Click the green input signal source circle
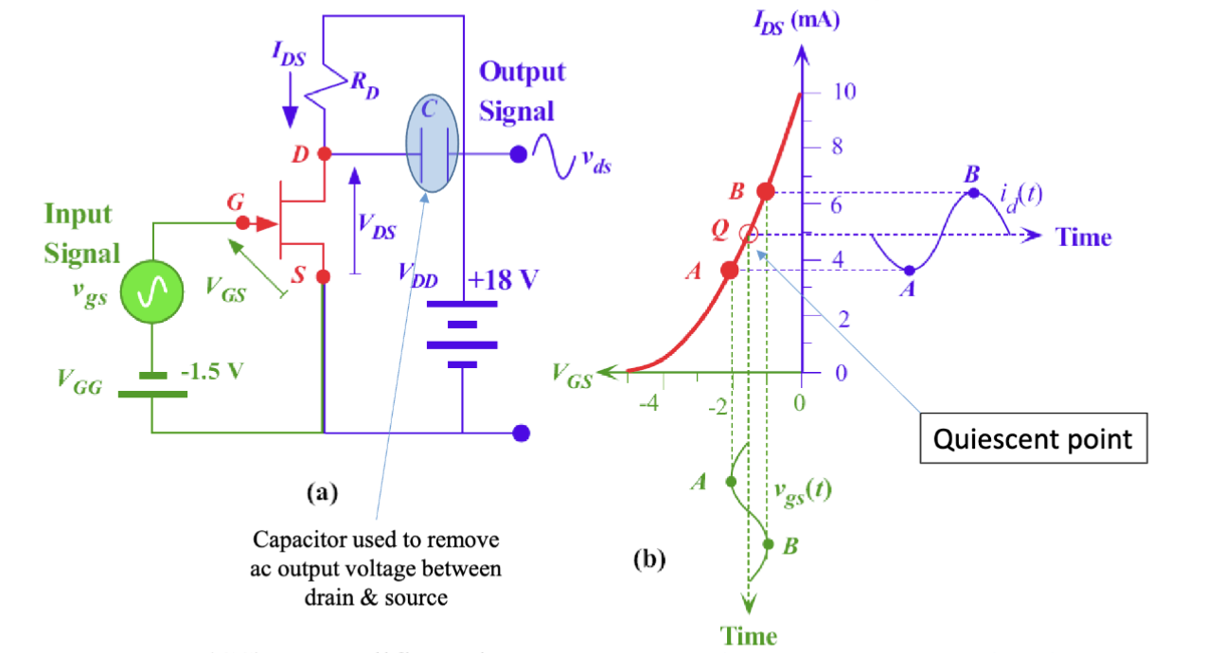click(151, 294)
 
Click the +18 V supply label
click(504, 280)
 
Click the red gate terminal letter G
click(234, 203)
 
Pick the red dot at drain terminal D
click(324, 153)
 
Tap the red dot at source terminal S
click(323, 276)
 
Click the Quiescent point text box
click(1033, 438)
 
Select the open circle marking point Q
click(748, 233)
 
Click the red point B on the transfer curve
click(767, 192)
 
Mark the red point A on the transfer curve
click(730, 270)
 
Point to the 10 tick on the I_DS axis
click(843, 92)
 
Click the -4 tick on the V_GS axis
click(649, 406)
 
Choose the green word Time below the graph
click(749, 635)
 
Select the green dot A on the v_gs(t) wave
click(730, 482)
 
